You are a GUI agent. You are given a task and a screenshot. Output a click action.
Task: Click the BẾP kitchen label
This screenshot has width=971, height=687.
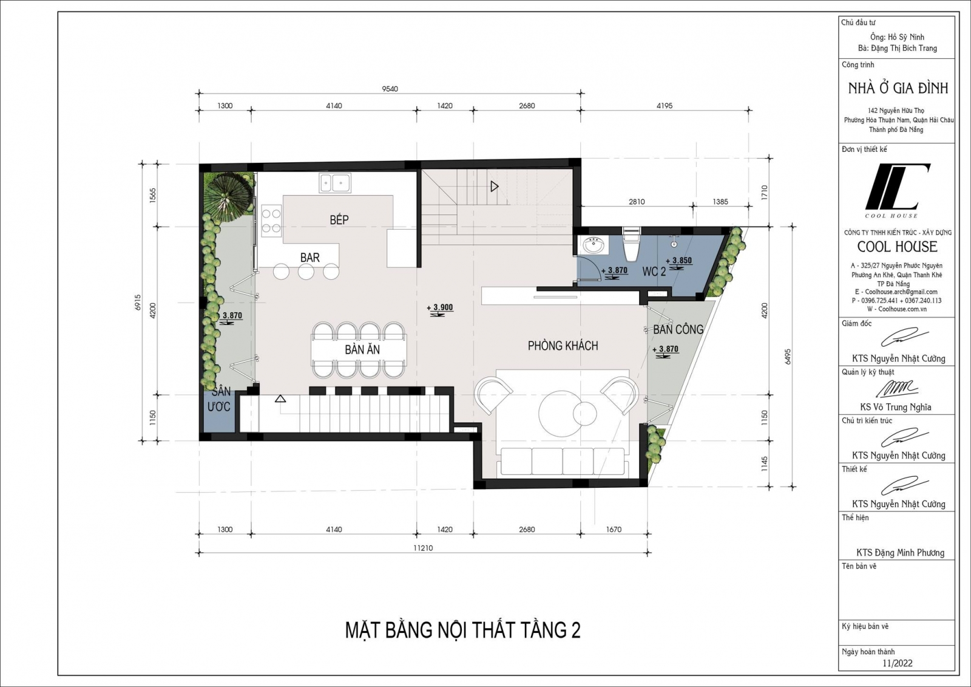[x=339, y=220]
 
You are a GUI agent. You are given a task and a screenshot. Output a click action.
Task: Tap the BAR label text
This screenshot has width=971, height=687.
[x=310, y=258]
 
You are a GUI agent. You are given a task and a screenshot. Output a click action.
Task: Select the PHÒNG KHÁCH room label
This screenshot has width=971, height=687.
[x=563, y=346]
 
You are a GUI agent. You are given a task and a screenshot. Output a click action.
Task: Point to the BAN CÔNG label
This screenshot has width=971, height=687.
[x=678, y=330]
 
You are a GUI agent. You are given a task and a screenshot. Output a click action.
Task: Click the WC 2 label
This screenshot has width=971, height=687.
[x=654, y=272]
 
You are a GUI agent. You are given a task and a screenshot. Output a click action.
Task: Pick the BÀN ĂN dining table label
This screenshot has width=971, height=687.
[x=362, y=349]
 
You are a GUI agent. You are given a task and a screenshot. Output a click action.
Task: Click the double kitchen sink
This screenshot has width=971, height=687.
[x=335, y=183]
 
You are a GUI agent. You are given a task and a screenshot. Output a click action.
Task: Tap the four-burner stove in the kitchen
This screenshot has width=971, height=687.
[x=271, y=221]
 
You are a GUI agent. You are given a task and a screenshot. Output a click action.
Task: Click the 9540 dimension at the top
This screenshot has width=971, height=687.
[x=390, y=89]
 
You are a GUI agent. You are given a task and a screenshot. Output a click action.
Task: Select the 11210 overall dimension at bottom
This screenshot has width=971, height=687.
[x=422, y=548]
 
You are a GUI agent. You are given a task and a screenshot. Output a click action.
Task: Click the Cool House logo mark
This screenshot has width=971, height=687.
[x=898, y=187]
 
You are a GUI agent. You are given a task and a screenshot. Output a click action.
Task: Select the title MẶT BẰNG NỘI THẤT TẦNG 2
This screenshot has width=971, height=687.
[x=462, y=630]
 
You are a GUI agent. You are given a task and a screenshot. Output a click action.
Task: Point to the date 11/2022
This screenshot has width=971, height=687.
[x=898, y=675]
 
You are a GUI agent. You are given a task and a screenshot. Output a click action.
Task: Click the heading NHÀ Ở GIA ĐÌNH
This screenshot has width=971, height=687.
[x=898, y=89]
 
